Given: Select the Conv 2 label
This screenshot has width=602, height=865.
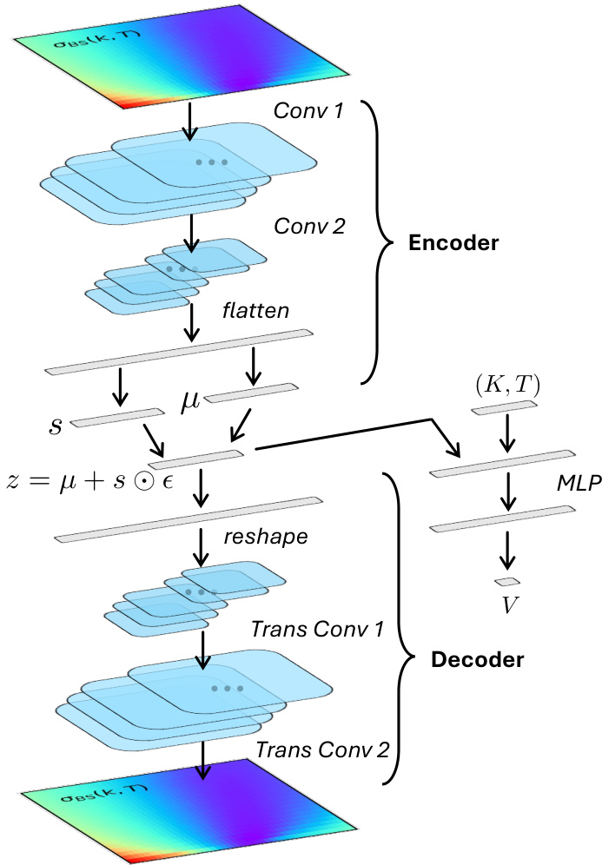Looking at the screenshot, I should pos(309,227).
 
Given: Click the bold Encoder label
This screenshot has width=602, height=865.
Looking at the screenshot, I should pos(454,243).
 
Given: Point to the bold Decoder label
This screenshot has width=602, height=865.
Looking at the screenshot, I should pos(478,660).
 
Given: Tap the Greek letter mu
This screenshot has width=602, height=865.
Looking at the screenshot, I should pos(191,399).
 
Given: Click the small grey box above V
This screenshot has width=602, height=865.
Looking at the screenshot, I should pos(506,581).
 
